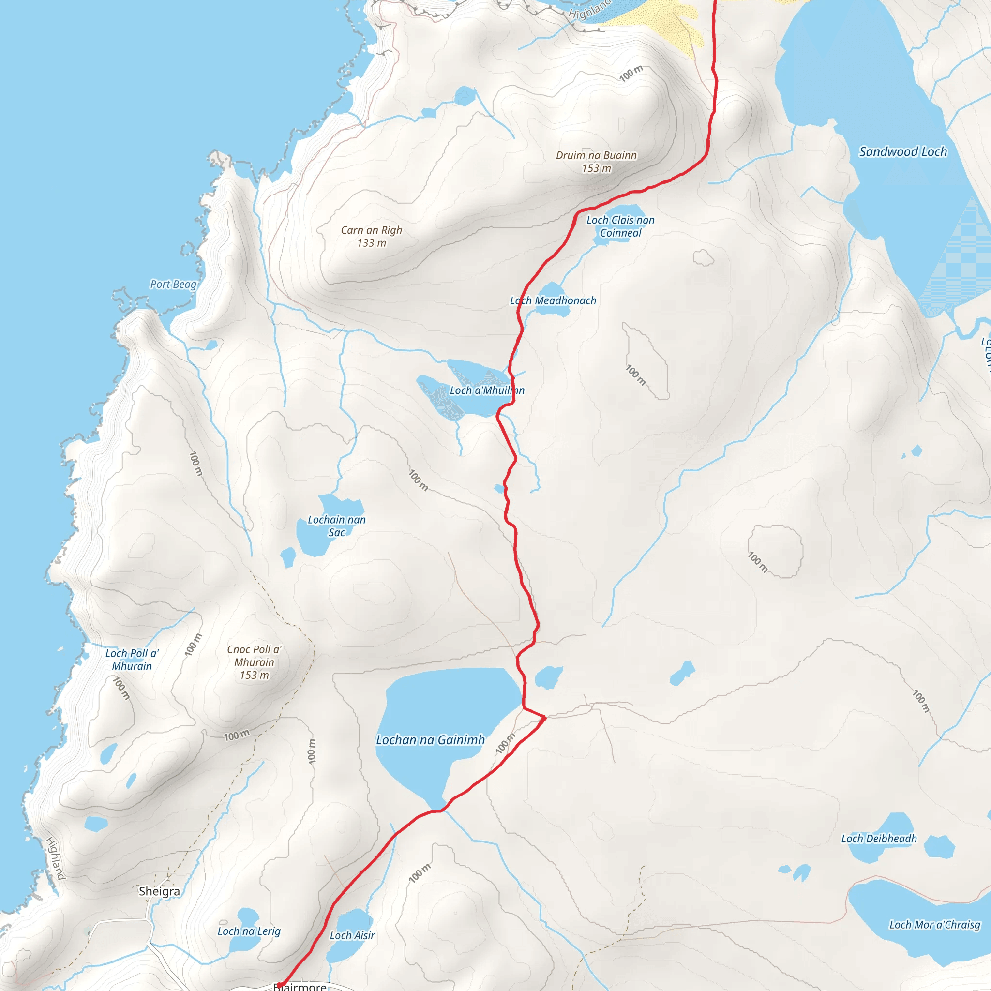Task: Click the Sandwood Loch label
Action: coord(903,152)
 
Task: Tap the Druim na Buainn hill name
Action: coord(596,155)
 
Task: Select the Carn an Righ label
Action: coord(371,230)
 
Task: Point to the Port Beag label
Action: coord(173,284)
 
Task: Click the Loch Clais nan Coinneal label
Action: coord(620,226)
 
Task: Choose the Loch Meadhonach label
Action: coord(553,300)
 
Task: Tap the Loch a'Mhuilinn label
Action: coord(487,390)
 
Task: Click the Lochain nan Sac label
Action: coord(336,526)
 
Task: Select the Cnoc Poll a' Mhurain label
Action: coord(255,656)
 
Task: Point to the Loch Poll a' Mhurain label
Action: coord(132,660)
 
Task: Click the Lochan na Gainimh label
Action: coord(430,740)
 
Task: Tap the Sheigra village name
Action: coord(159,891)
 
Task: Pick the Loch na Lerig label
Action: coord(249,931)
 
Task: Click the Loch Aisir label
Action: coord(352,935)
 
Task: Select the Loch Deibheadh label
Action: coord(879,839)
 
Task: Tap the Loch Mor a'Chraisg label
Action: coord(934,924)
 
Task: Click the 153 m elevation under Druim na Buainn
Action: coord(597,168)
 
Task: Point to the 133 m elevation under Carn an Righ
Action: coord(371,243)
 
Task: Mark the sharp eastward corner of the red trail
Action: coord(545,718)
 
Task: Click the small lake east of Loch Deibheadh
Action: coord(939,846)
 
